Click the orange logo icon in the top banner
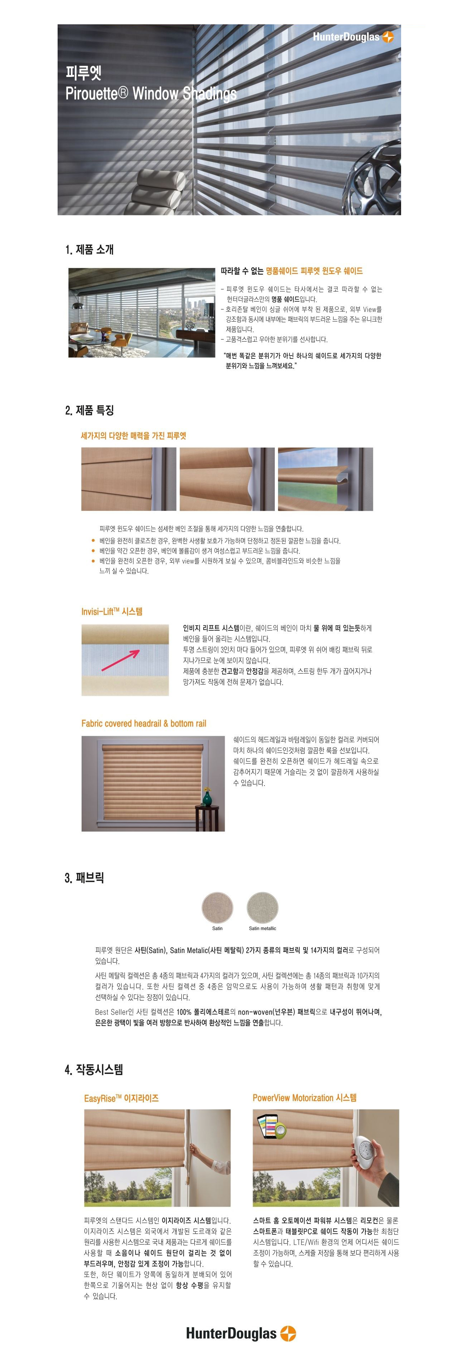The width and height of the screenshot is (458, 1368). tap(388, 36)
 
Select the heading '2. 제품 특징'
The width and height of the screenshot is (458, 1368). tap(89, 410)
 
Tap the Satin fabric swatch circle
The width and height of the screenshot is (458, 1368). tap(217, 908)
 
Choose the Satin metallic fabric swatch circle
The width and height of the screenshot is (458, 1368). tap(263, 908)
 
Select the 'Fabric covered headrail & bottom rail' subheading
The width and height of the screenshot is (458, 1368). tap(143, 723)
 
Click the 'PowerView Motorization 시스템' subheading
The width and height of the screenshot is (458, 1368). tap(304, 1098)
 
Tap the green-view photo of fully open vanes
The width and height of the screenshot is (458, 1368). tap(325, 479)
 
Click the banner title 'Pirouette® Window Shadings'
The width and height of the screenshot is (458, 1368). tap(151, 93)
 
